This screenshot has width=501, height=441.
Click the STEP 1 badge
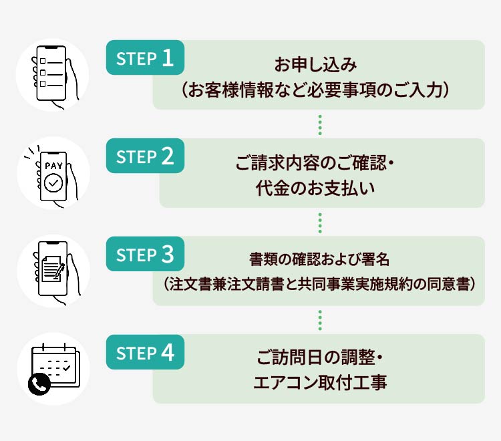(145, 58)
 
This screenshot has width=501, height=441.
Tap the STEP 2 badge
(145, 156)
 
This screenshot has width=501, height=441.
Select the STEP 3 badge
(145, 255)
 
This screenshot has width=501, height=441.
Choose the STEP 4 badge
(145, 353)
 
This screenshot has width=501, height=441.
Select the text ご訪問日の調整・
(319, 359)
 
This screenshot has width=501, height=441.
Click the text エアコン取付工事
(320, 384)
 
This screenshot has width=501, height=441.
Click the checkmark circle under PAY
(55, 182)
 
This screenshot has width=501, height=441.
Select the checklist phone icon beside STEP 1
(53, 75)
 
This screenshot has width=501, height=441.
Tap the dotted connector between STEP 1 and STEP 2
(321, 124)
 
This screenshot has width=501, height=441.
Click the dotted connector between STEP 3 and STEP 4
(321, 320)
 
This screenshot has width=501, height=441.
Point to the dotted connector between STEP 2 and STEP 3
(321, 222)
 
